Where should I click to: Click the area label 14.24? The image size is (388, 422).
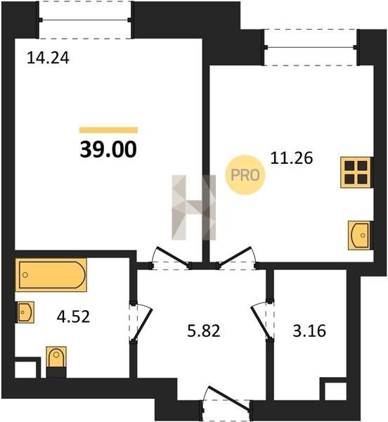(x=48, y=58)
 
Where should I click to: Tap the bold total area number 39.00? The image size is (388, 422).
(x=108, y=149)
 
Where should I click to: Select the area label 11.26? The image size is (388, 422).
(x=292, y=158)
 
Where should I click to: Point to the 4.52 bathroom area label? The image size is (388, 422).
(x=73, y=316)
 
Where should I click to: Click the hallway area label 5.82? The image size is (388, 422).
(x=204, y=331)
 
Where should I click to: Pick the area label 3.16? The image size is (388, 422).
(x=309, y=331)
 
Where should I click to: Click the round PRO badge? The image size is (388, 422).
(x=245, y=175)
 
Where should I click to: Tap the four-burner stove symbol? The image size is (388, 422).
(x=356, y=172)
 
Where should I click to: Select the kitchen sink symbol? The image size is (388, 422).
(x=358, y=236)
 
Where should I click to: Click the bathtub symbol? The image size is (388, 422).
(x=51, y=275)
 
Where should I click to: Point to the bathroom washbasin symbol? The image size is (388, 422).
(x=25, y=312)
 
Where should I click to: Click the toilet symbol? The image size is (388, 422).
(x=56, y=362)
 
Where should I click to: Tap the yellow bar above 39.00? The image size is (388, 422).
(x=108, y=130)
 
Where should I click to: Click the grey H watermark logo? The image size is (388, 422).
(x=193, y=207)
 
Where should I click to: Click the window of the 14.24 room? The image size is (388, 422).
(x=85, y=20)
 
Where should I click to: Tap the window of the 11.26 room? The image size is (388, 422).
(x=311, y=47)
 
